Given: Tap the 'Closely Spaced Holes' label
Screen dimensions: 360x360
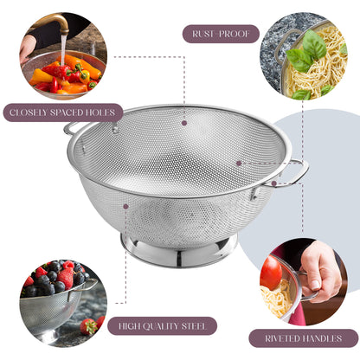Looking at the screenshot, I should coord(62,112).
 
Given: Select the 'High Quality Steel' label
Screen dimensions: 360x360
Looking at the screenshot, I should coord(169,326).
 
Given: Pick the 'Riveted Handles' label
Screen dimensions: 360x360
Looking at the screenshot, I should coord(303,337).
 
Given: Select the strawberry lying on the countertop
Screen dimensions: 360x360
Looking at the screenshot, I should coord(87,326).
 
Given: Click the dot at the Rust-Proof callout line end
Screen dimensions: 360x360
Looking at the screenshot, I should coord(183,122).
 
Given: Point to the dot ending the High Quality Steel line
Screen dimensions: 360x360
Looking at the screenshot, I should coord(125,207).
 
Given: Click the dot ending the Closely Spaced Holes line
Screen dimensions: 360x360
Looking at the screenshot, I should coord(115,130).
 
